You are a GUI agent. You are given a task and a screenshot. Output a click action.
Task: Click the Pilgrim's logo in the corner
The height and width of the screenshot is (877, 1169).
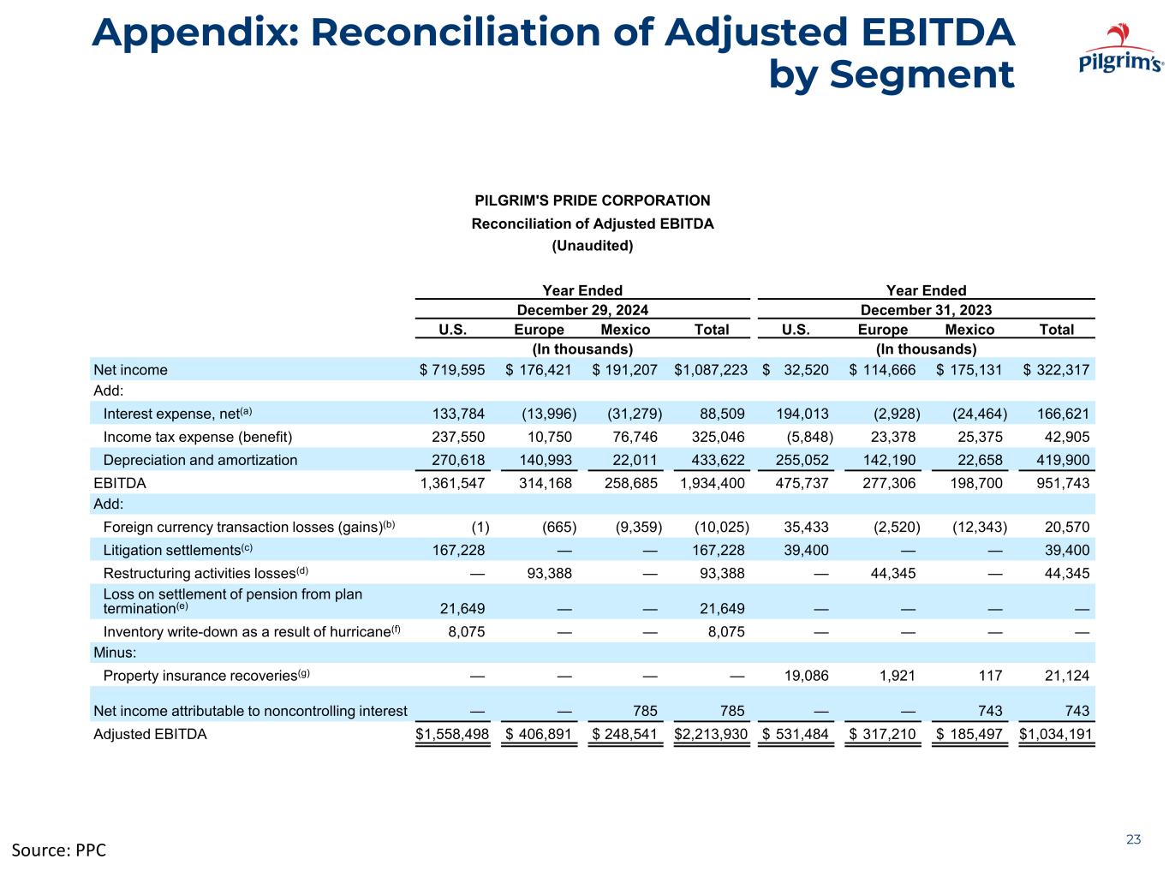click(1120, 48)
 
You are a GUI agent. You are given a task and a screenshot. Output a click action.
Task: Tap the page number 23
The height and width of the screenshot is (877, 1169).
click(1133, 839)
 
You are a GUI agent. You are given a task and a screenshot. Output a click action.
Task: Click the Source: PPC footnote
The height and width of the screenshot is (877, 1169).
click(58, 850)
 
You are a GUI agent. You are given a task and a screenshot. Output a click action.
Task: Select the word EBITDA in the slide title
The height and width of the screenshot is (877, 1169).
click(937, 32)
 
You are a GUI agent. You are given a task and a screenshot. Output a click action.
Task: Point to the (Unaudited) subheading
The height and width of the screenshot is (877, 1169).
click(593, 246)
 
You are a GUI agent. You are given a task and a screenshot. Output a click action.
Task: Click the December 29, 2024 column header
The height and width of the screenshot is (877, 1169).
click(582, 310)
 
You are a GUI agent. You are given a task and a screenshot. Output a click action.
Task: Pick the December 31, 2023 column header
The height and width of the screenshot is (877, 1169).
click(926, 310)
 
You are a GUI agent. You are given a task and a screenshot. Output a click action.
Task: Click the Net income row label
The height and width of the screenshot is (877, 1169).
click(130, 369)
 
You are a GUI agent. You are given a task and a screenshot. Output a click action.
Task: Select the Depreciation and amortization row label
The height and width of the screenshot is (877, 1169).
click(200, 460)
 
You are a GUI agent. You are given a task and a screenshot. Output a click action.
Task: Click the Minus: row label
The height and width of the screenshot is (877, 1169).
click(115, 653)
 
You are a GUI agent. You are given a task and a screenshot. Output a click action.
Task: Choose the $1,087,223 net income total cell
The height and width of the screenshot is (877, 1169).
click(711, 369)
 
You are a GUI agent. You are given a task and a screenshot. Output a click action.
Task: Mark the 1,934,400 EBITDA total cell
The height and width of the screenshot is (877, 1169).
click(712, 483)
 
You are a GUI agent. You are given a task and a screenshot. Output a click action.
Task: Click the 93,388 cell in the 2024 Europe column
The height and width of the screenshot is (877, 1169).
click(549, 573)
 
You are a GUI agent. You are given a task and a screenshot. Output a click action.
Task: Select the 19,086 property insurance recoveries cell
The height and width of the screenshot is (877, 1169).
click(806, 675)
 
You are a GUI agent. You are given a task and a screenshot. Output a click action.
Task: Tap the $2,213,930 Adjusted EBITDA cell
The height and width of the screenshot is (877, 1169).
click(711, 734)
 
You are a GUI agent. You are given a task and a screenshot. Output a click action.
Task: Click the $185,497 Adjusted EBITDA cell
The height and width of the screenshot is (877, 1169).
click(969, 734)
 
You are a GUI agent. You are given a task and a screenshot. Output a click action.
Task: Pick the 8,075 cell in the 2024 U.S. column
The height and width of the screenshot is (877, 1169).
click(466, 631)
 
